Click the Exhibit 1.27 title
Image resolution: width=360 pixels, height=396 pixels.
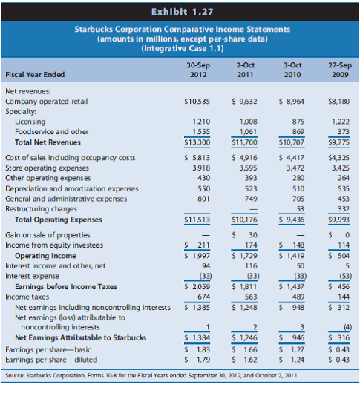coord(180,11)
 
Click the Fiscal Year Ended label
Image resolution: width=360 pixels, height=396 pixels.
coord(35,74)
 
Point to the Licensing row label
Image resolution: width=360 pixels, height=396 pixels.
coord(29,120)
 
